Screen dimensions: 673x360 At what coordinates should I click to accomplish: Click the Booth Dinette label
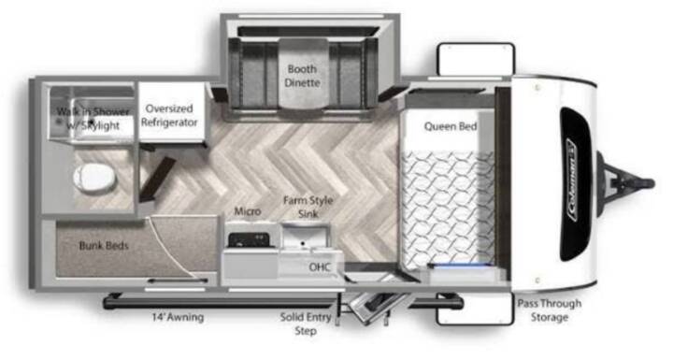point(302,76)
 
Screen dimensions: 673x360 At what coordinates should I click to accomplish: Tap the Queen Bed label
point(451,126)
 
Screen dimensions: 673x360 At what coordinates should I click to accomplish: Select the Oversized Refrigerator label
point(169,116)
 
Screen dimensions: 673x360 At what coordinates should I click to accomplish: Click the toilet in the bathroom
point(94,179)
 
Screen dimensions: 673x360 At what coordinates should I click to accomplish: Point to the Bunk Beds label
point(104,246)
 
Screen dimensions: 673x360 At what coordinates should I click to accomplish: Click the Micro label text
point(248,211)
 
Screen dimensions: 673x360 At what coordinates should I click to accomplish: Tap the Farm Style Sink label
point(308,207)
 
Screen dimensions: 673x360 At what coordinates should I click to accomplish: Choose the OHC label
point(320,266)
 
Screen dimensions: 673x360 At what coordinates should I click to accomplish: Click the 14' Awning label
point(178,318)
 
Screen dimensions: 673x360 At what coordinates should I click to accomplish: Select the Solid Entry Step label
point(306,324)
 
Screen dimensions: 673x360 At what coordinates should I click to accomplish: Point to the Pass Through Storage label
point(550,310)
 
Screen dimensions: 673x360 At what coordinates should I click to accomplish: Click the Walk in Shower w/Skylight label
point(93,119)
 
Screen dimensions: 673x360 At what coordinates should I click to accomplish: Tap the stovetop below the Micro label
point(249,239)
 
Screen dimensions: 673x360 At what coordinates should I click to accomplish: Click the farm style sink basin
point(306,236)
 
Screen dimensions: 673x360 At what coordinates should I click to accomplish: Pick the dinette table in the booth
point(304,73)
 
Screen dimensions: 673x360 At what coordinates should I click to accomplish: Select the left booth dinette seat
point(253,73)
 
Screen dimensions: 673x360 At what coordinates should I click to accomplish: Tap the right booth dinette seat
point(352,73)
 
